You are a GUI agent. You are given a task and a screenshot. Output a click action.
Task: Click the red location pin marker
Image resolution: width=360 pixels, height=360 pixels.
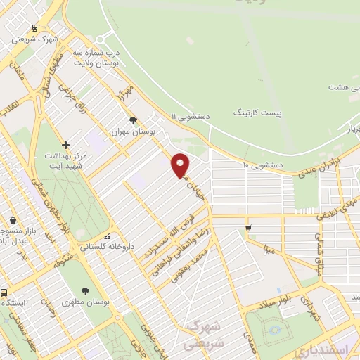point(181,165)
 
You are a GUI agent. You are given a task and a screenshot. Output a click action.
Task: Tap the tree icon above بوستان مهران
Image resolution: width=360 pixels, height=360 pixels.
point(133,120)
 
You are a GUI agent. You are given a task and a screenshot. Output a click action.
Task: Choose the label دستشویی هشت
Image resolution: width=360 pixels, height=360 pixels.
point(345,87)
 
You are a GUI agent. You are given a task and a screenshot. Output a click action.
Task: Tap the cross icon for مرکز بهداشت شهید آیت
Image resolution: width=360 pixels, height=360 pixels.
point(65,144)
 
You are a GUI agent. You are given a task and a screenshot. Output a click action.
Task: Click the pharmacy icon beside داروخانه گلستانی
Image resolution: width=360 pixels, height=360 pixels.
point(107,237)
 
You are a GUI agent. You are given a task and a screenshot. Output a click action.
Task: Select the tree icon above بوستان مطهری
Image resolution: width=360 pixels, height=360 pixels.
point(85,291)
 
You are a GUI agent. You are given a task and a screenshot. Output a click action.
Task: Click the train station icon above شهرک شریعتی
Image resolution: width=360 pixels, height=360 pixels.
point(35,29)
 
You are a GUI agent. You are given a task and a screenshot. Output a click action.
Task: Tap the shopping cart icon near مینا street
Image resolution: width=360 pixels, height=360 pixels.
point(248,227)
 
